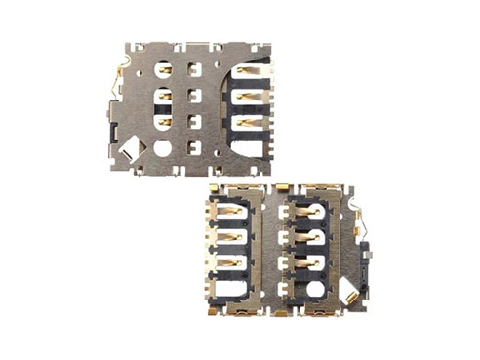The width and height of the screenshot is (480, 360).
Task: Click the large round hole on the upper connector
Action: click(x=162, y=148)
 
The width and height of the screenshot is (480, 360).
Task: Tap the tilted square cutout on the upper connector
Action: click(x=129, y=150)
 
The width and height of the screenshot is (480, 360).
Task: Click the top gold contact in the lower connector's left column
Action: click(x=231, y=209)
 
